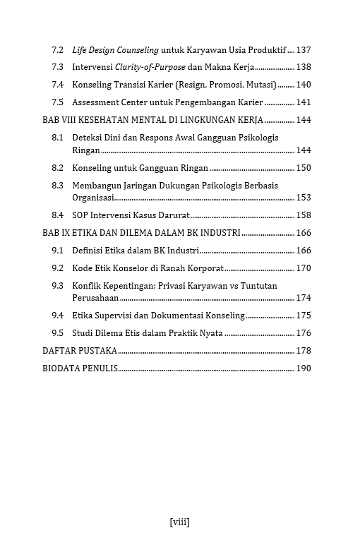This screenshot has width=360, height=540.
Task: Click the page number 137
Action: pyautogui.click(x=304, y=50)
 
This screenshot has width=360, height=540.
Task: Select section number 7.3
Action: pyautogui.click(x=58, y=67)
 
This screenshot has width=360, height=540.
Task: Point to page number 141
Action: pyautogui.click(x=304, y=102)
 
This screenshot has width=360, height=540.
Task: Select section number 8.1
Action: pyautogui.click(x=58, y=137)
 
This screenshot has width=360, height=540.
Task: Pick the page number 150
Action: pyautogui.click(x=304, y=168)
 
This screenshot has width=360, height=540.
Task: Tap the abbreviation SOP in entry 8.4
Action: pyautogui.click(x=81, y=215)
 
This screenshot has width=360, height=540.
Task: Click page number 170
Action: pyautogui.click(x=304, y=268)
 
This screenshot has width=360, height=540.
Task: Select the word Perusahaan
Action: pyautogui.click(x=95, y=299)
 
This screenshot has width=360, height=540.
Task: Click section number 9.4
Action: pyautogui.click(x=58, y=316)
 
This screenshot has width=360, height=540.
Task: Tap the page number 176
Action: pyautogui.click(x=304, y=333)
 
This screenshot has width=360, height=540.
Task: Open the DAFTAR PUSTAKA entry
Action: pyautogui.click(x=80, y=351)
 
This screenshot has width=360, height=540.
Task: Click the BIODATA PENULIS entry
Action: pyautogui.click(x=80, y=368)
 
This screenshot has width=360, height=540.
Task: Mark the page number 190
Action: pyautogui.click(x=304, y=368)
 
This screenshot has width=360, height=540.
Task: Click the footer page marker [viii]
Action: pyautogui.click(x=180, y=522)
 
